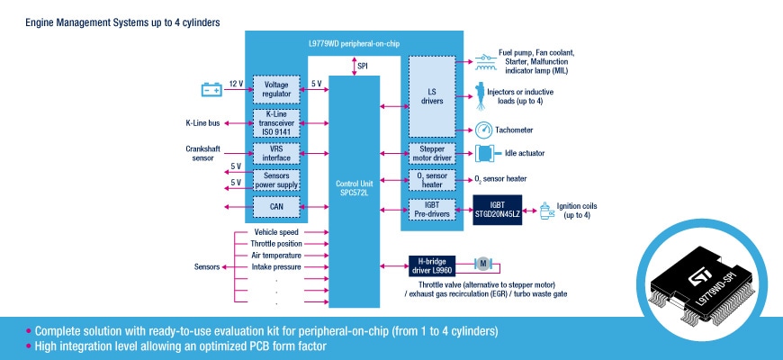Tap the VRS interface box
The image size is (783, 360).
pos(276,153)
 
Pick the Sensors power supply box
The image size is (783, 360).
pos(276,182)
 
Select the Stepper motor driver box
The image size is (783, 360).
pos(433,153)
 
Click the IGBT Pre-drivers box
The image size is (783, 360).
pos(433,210)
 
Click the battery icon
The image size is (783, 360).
pos(211,89)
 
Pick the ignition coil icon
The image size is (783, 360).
pos(544,211)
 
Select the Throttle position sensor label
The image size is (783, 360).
pos(277,244)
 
